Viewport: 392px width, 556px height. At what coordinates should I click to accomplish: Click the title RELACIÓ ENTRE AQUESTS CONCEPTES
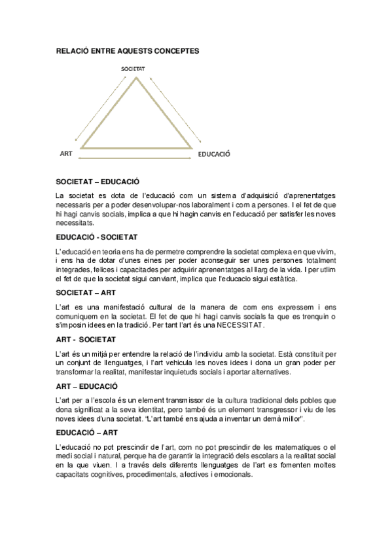click(128, 50)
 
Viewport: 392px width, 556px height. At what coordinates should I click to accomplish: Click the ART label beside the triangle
click(65, 153)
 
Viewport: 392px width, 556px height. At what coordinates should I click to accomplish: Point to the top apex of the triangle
click(137, 78)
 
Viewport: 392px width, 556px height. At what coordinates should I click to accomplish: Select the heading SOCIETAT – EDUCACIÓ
click(98, 181)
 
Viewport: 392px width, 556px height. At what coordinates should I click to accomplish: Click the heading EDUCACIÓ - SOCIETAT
click(96, 236)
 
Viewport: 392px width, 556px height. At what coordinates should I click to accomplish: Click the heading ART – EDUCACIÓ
click(87, 386)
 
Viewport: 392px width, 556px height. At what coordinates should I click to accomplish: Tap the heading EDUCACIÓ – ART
click(87, 433)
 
